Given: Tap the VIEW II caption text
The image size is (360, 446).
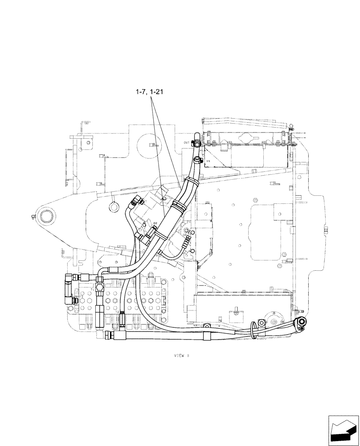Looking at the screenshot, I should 182,355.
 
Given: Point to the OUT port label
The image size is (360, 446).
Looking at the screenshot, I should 186,143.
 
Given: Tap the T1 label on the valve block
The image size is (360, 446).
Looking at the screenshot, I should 93,289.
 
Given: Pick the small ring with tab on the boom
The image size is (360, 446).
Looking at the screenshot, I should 112,206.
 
